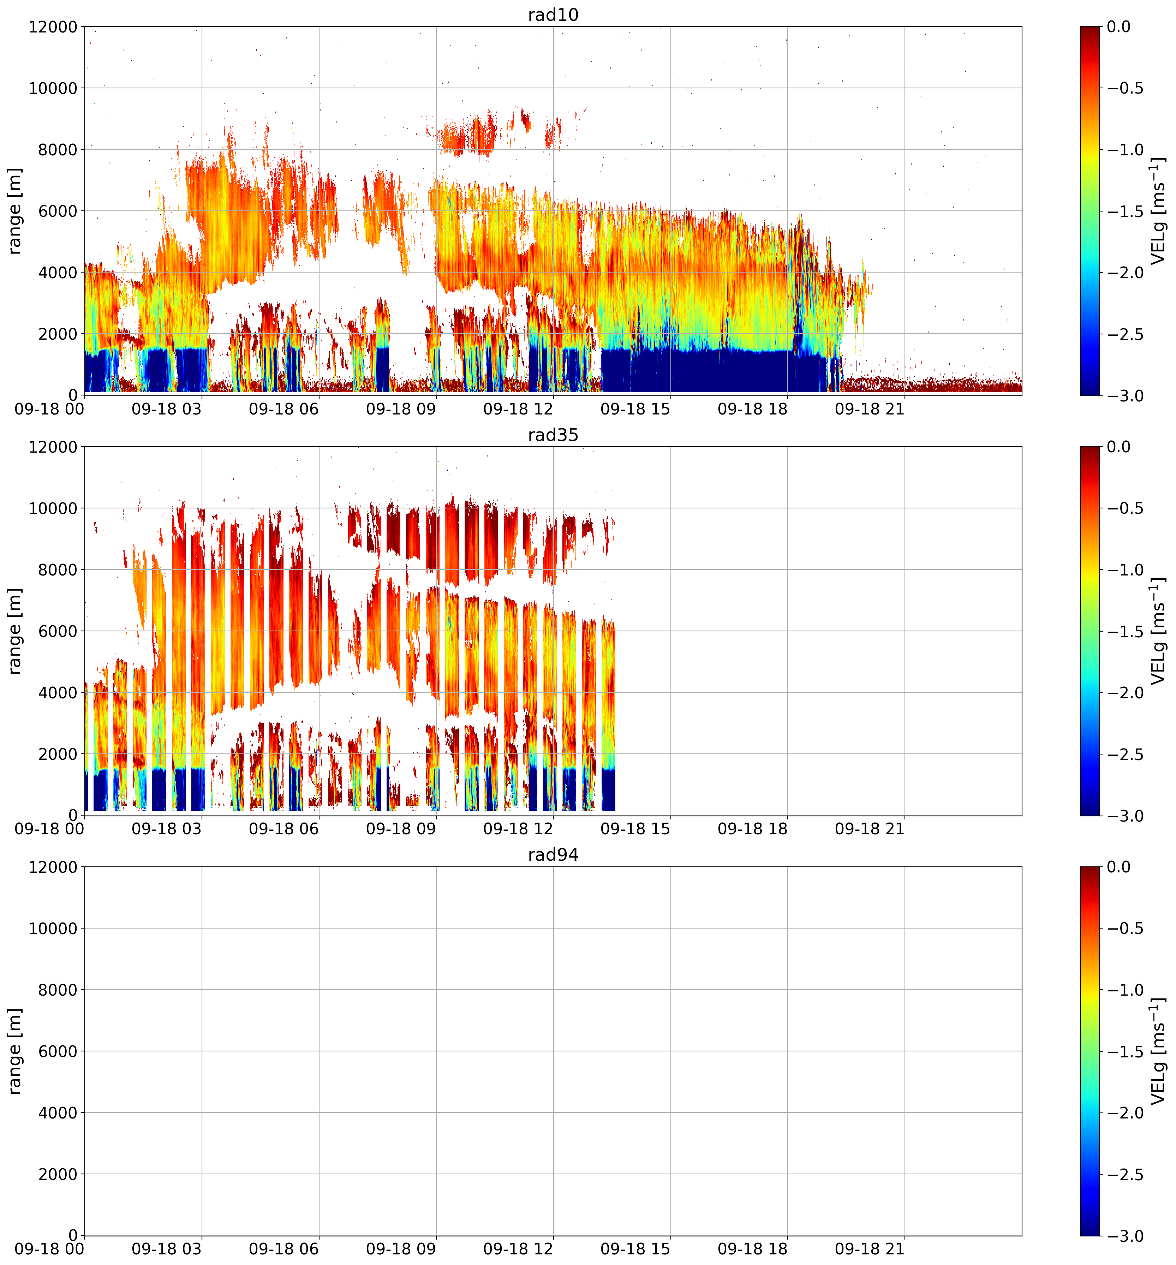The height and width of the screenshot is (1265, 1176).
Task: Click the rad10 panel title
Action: pos(553,14)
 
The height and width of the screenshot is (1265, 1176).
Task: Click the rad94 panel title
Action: pos(553,855)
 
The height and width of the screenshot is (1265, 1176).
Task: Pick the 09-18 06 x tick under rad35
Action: pos(284,830)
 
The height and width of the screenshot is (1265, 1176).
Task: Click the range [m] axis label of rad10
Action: pos(14,211)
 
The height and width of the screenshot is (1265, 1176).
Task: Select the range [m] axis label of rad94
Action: pos(14,1051)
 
